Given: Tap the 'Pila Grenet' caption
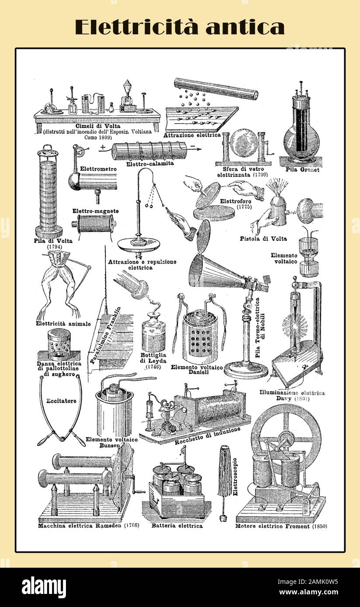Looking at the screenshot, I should coord(302,169).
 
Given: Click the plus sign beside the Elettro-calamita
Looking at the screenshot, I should coord(102,147).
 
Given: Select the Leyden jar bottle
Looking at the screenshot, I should coord(153,336).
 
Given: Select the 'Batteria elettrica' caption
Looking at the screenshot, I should coord(177,526).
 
